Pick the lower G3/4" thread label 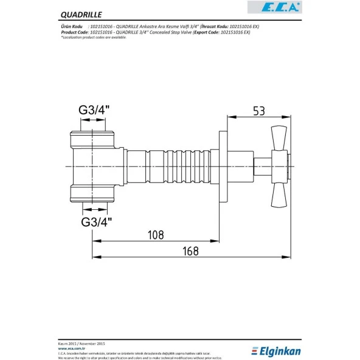click(x=96, y=221)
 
